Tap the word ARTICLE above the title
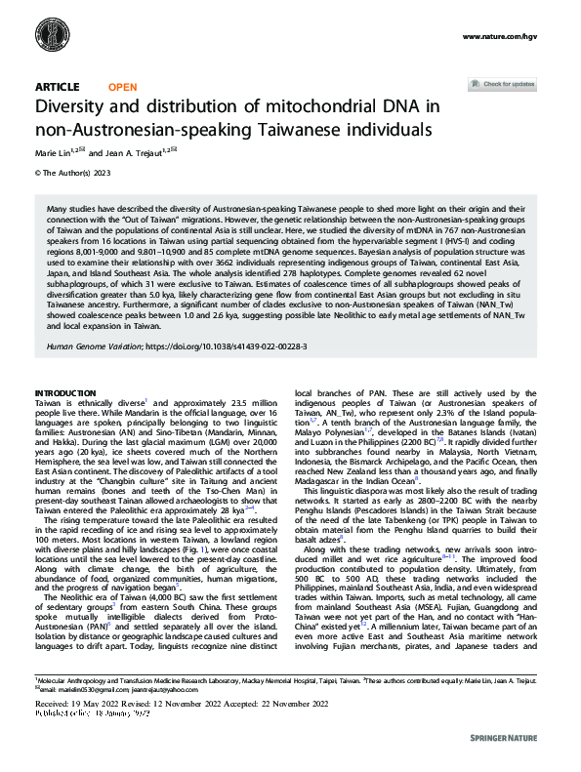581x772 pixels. click(57, 87)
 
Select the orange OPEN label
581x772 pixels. click(123, 87)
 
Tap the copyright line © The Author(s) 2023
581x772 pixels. click(71, 173)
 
